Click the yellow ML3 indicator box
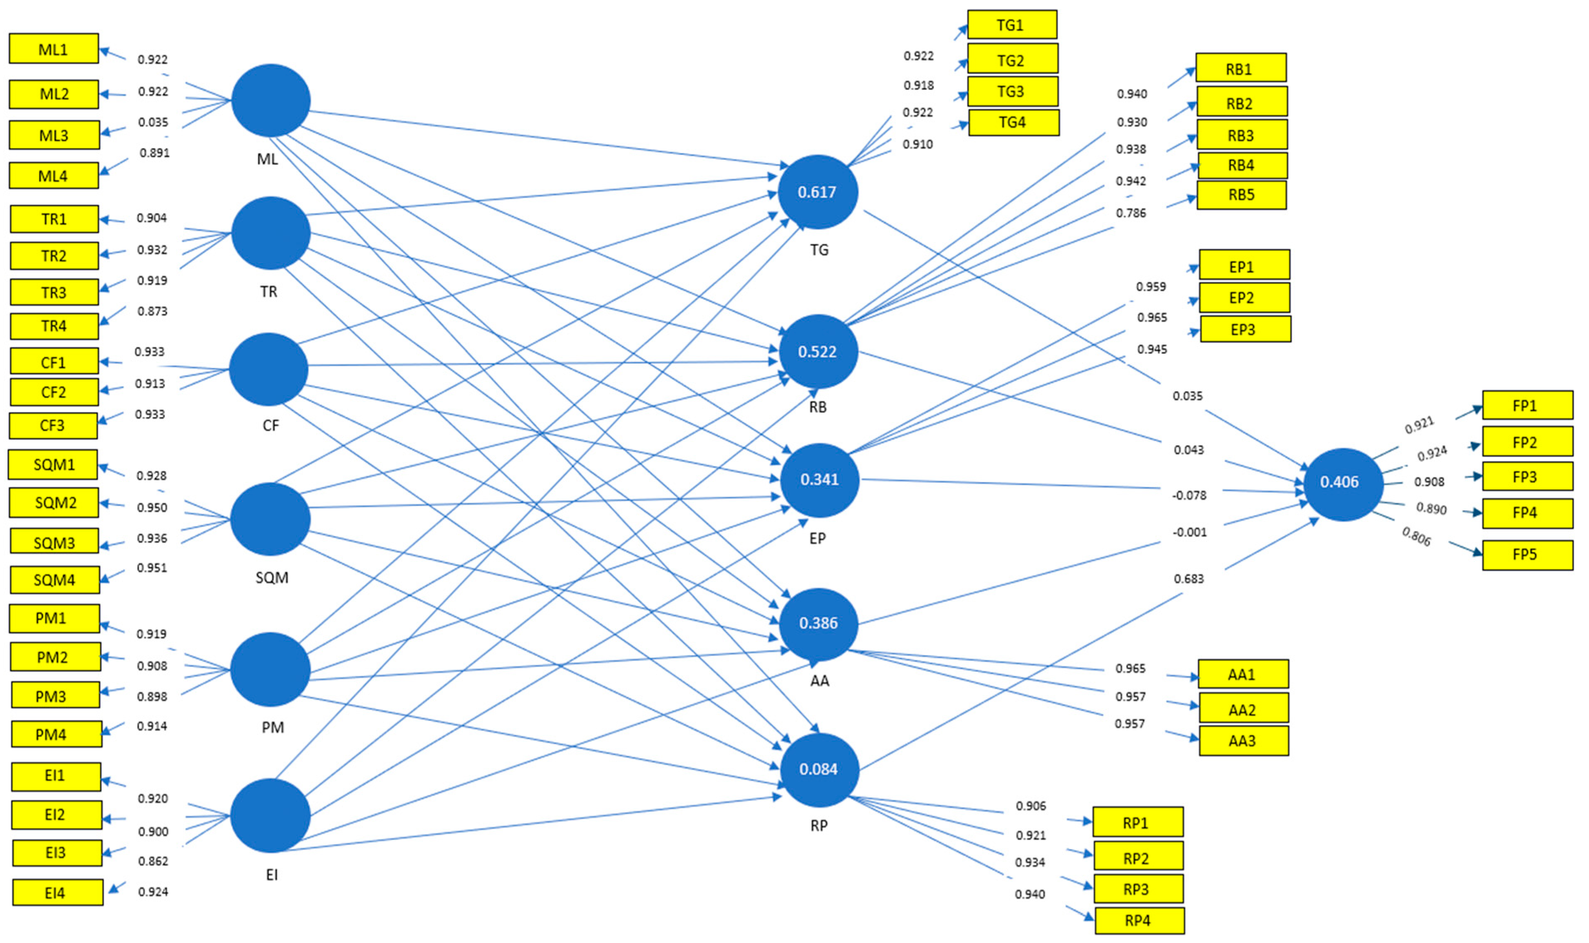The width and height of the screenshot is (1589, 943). [54, 135]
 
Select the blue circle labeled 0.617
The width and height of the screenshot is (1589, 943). [818, 192]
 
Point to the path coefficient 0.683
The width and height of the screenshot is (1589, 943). [1188, 579]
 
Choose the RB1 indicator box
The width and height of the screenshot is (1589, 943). [1240, 68]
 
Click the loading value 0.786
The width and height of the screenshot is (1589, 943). [1131, 213]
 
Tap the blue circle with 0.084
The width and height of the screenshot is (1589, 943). [819, 769]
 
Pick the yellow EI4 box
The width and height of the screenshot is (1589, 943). [57, 893]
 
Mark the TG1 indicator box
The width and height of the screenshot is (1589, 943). [1011, 25]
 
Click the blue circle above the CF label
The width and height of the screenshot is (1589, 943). [269, 369]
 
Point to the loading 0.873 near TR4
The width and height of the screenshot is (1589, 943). [152, 311]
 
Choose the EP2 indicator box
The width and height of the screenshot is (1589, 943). [1243, 298]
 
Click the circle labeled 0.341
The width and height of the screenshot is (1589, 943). [819, 480]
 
